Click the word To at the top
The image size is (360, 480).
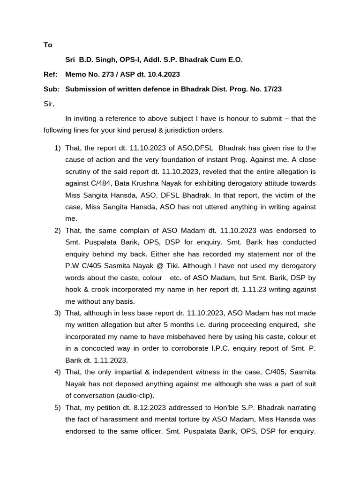point(48,45)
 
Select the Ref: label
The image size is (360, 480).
point(51,75)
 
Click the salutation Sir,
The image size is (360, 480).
point(49,104)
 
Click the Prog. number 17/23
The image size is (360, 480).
point(272,89)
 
